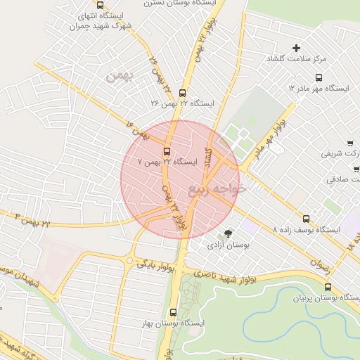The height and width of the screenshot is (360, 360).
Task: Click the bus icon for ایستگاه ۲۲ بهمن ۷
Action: (x=167, y=151)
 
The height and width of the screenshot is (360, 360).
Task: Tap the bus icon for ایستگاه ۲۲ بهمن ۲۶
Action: (x=183, y=93)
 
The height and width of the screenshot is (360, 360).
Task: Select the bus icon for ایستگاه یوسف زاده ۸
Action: (x=305, y=219)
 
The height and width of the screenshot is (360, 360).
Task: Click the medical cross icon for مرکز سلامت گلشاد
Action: (x=296, y=49)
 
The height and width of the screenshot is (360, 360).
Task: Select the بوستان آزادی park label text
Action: (x=224, y=245)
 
